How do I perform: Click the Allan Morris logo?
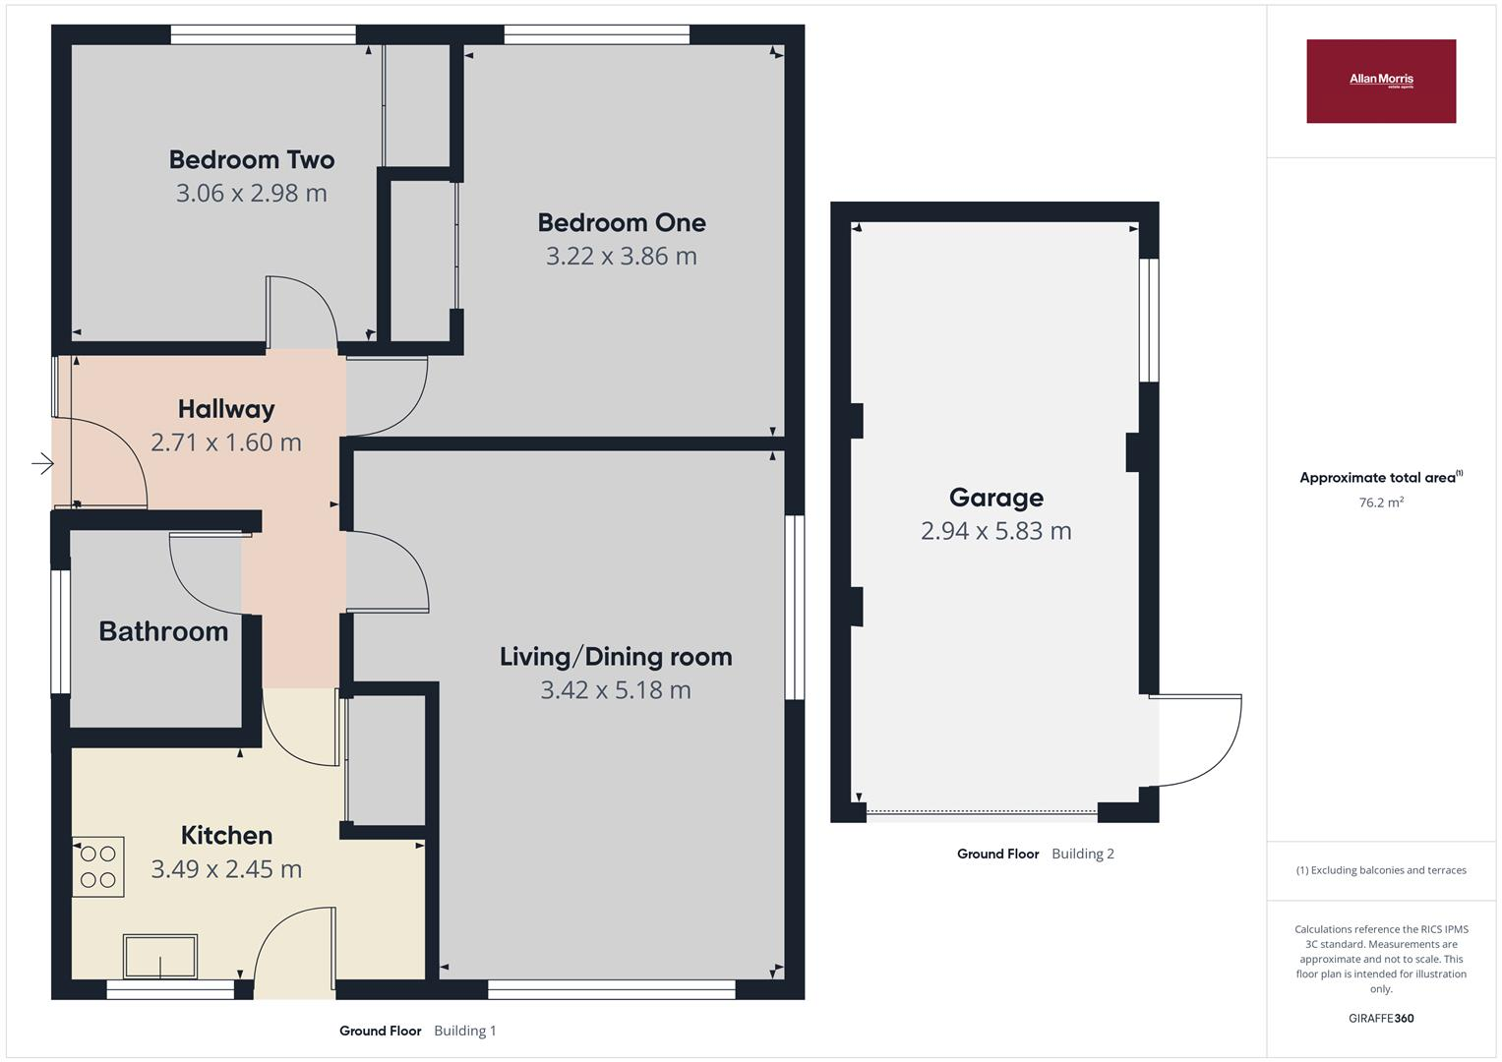1381,81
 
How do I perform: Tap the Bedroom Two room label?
252,159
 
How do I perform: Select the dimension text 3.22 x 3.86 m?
621,256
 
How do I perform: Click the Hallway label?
226,410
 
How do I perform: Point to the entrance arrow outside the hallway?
43,463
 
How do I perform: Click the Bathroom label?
163,631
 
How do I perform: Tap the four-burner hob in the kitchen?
98,867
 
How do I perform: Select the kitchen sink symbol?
160,957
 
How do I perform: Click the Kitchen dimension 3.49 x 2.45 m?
226,869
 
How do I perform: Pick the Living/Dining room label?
616,657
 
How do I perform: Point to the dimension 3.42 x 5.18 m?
616,690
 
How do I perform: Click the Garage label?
996,499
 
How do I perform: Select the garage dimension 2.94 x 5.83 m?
996,531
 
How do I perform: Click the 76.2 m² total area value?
1381,502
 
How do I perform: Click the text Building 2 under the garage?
1083,854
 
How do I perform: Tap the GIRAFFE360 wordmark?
1381,1019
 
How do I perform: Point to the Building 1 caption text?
464,1031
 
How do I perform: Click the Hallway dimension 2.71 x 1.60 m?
226,442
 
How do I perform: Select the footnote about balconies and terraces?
1381,870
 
